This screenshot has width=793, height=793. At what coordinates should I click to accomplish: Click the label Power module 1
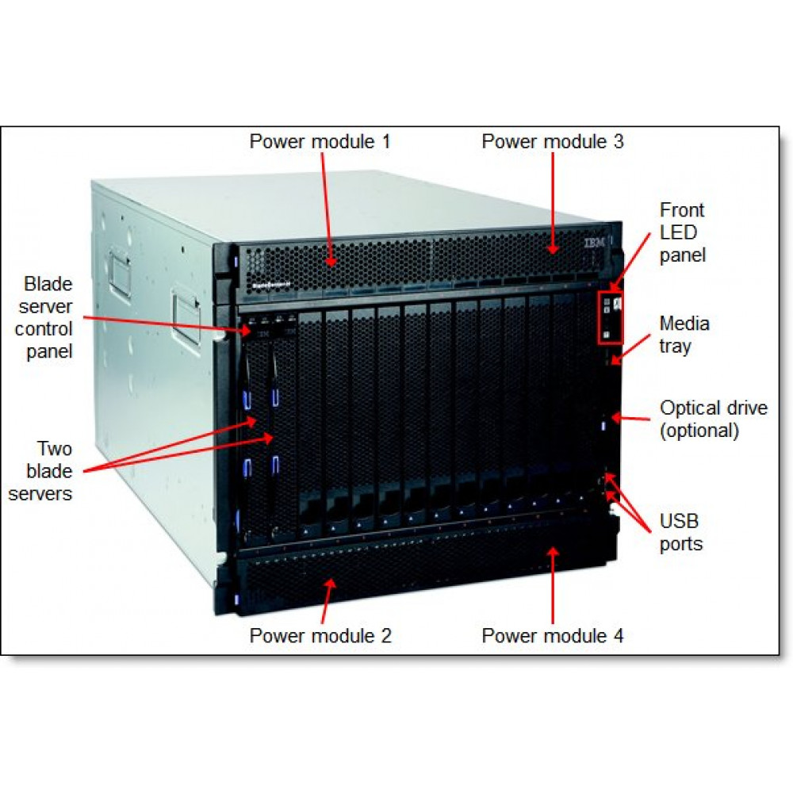320,142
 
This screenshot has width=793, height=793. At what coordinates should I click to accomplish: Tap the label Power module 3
553,142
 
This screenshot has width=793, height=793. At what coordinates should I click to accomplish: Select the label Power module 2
320,635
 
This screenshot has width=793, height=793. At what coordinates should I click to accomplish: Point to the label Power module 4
553,635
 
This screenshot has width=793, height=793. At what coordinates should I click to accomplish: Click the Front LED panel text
682,232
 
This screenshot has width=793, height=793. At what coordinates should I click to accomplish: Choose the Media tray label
684,335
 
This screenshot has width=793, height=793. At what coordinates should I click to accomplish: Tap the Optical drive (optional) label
714,419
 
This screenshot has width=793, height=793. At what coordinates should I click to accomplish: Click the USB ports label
681,532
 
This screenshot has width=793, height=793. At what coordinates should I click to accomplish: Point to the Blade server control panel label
48,317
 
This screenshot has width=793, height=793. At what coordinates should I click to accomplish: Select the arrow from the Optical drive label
630,416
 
